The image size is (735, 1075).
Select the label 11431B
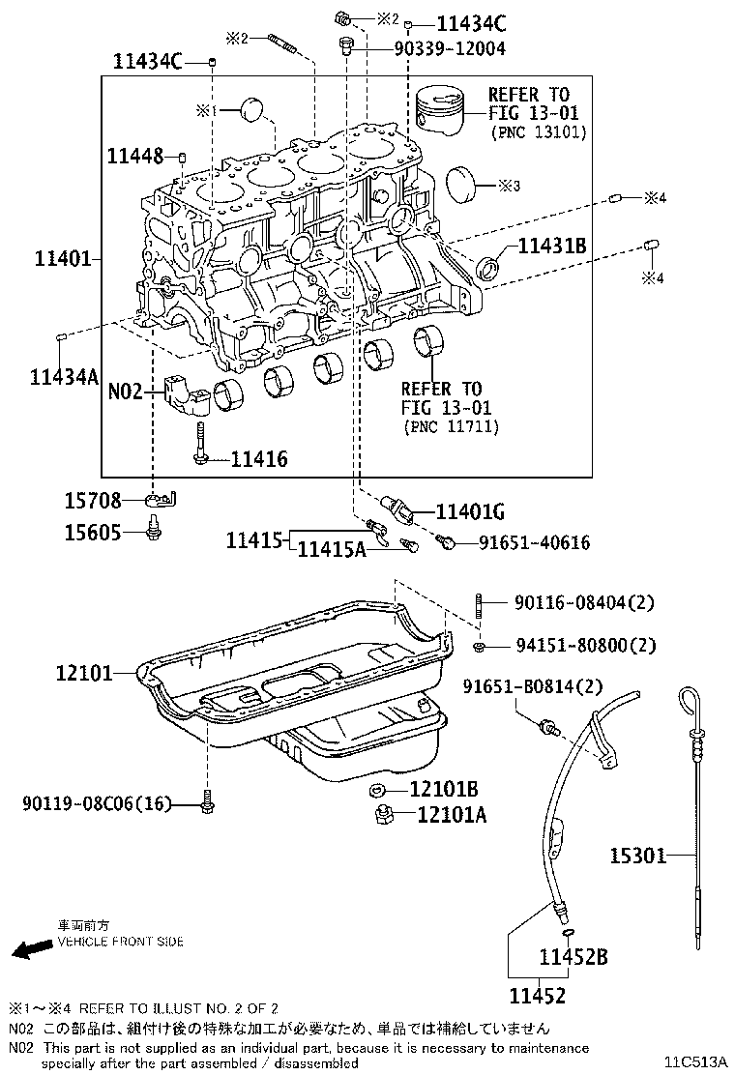tap(552, 246)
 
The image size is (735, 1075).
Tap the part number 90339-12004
tap(449, 47)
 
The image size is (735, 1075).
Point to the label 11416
tap(258, 460)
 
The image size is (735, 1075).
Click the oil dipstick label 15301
tap(637, 855)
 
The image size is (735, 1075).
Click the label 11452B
tap(573, 957)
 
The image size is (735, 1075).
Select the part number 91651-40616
tap(534, 543)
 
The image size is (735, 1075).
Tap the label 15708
tap(93, 501)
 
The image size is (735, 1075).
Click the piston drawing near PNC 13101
tap(443, 114)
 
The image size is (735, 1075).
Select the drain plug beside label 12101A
tap(382, 815)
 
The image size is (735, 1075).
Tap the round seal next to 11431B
tap(492, 267)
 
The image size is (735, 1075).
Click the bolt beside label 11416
tap(200, 445)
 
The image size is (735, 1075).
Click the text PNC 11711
tap(446, 426)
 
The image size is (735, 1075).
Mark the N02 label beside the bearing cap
tap(125, 392)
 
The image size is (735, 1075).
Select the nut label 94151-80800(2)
tap(572, 645)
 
